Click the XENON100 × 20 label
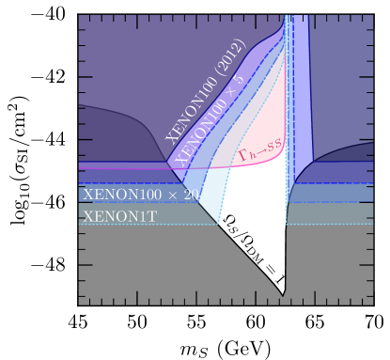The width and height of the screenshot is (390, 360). point(140,195)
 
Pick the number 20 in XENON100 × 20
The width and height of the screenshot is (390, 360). point(190,195)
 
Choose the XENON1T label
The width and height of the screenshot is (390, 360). point(119,216)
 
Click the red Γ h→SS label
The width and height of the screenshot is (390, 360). point(258,149)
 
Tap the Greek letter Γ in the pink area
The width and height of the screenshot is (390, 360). point(242,156)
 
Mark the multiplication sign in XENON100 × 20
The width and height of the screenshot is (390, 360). point(171,196)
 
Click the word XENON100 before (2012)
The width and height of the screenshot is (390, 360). point(194,103)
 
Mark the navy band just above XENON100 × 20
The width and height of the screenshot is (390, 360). point(122,176)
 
